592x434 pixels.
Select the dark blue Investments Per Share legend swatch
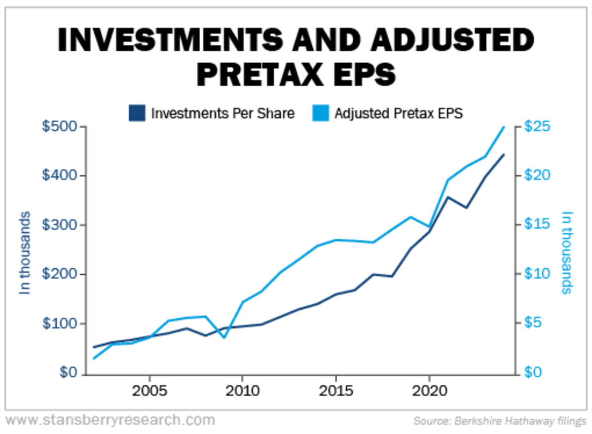point(138,113)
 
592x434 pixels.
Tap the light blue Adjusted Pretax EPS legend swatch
point(321,113)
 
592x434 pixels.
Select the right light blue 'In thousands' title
point(567,253)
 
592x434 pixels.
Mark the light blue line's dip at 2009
point(224,338)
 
